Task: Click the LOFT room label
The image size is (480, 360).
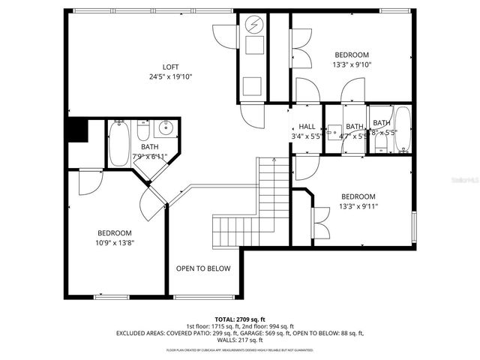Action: click(171, 66)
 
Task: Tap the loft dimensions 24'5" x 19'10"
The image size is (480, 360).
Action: click(171, 76)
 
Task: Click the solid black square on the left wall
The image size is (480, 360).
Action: click(75, 131)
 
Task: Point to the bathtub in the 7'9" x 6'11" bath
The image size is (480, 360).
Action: click(119, 144)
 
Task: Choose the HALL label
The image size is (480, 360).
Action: click(307, 127)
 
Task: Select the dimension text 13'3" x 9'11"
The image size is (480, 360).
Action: click(358, 207)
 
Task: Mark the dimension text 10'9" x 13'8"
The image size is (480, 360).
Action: click(115, 242)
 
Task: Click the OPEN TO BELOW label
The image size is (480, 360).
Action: click(203, 268)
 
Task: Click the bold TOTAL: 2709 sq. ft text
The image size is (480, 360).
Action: click(239, 319)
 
